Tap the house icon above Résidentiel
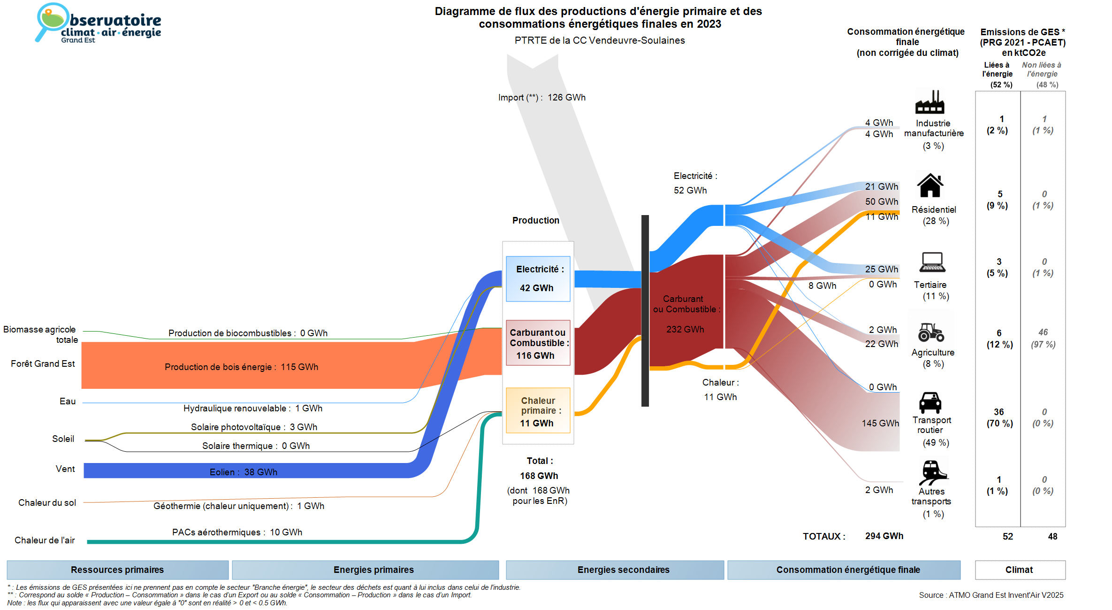click(930, 185)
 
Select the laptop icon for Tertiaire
click(932, 262)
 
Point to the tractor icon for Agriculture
click(931, 332)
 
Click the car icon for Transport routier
click(930, 402)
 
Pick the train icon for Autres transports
click(932, 472)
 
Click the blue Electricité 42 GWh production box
click(538, 278)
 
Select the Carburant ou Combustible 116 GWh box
click(538, 343)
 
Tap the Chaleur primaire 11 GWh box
click(538, 411)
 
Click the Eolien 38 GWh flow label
click(243, 472)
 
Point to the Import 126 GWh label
click(542, 98)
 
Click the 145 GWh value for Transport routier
click(880, 423)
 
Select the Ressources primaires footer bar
click(117, 570)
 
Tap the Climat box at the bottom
click(1020, 570)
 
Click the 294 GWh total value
click(884, 536)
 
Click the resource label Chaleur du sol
click(47, 502)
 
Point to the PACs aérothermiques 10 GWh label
click(237, 532)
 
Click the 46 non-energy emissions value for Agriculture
click(1043, 332)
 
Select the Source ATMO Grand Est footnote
click(991, 595)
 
